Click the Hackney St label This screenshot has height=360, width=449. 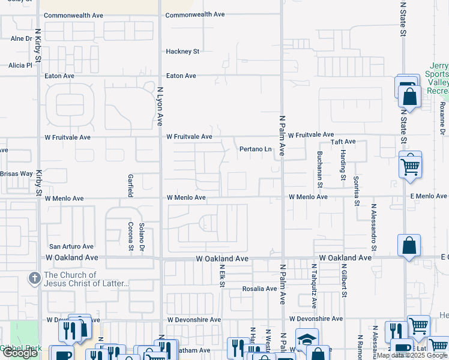pos(182,52)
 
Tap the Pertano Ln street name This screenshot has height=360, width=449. pos(256,149)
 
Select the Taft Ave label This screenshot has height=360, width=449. pos(343,142)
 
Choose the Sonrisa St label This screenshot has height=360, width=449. pos(356,190)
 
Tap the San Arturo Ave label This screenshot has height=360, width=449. pos(71,246)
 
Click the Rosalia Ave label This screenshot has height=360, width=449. pos(259,289)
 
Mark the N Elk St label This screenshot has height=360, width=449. pos(222,276)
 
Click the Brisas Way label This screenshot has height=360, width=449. pos(16,173)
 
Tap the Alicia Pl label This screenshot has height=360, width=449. pos(20,65)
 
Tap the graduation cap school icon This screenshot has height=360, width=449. pos(307,340)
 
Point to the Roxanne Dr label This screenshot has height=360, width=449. pos(442,118)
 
